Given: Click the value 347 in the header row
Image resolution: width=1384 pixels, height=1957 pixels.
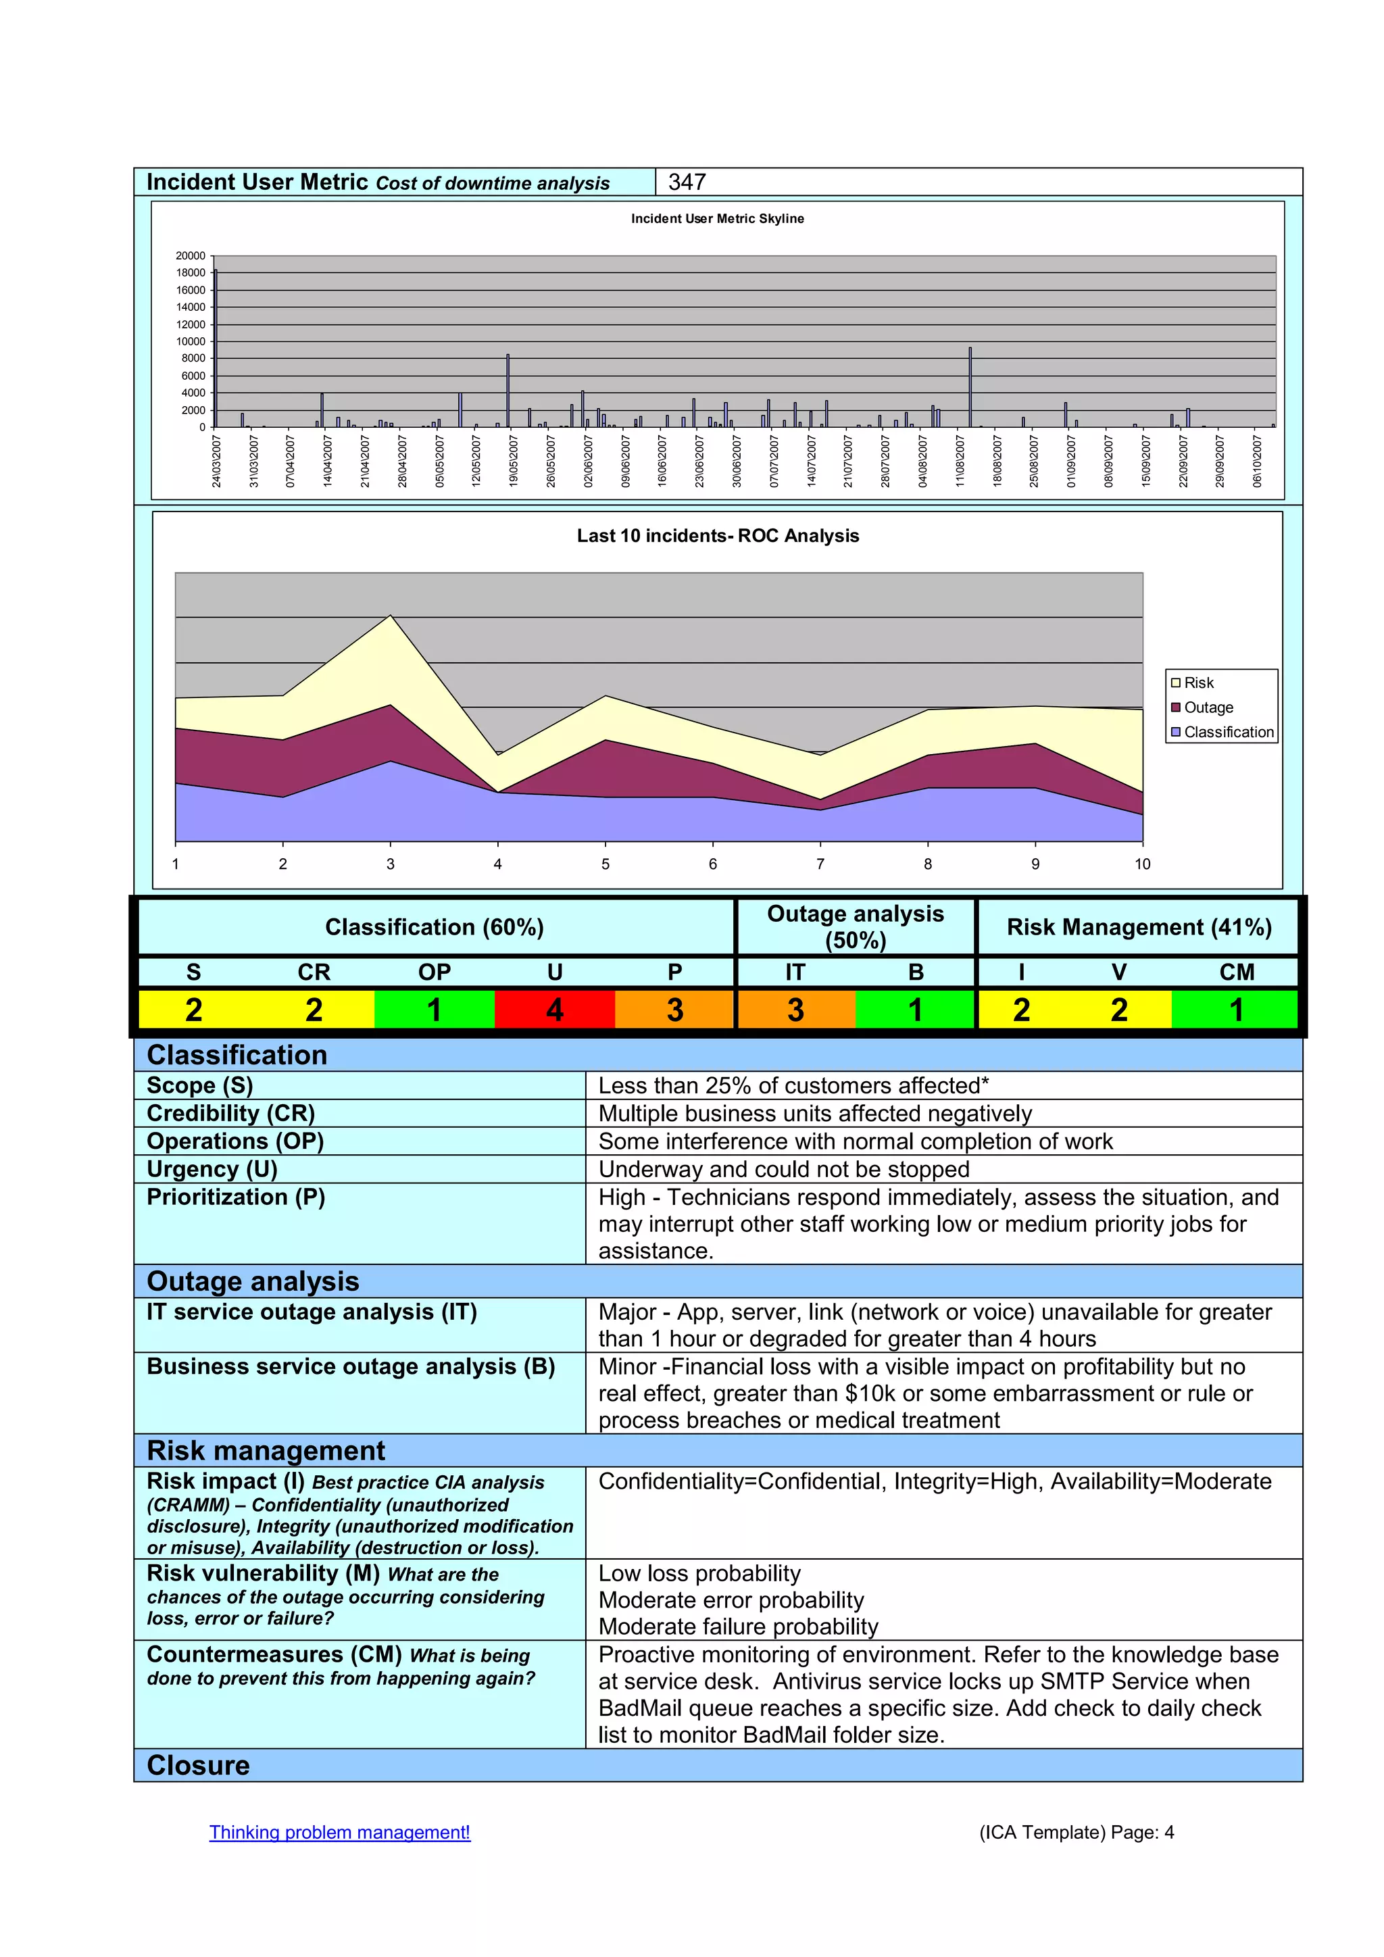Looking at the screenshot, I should (687, 182).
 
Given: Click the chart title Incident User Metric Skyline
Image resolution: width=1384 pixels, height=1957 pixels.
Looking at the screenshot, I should (717, 219).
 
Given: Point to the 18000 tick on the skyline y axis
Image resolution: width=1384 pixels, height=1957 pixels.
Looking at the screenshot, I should (191, 273).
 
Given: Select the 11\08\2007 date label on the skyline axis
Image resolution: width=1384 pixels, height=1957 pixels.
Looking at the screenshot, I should (960, 461).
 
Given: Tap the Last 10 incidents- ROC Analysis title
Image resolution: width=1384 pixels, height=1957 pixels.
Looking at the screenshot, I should (718, 536).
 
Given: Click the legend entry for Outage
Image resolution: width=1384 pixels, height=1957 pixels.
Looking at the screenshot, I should (1208, 708).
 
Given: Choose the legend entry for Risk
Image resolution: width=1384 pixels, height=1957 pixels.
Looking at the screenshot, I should (1198, 683).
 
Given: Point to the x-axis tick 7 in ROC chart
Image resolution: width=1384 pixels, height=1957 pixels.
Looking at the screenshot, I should (820, 864).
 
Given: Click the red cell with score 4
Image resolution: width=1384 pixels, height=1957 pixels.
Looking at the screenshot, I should (555, 1010).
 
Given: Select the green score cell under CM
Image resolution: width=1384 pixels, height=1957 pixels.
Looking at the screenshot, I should (1236, 1010).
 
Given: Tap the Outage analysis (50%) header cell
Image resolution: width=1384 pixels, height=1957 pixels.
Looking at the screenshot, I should (855, 926).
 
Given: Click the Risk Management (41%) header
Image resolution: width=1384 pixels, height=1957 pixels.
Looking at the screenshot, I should (1139, 927).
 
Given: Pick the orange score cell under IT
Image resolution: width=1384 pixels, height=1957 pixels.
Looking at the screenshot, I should (795, 1010).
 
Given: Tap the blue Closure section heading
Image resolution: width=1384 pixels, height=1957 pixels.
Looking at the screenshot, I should (199, 1765).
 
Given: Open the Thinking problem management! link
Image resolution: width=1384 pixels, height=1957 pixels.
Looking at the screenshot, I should (339, 1833).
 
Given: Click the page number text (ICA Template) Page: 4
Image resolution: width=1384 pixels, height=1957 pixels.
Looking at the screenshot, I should (1077, 1833).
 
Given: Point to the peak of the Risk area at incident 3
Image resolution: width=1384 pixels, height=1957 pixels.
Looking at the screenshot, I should (391, 617).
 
